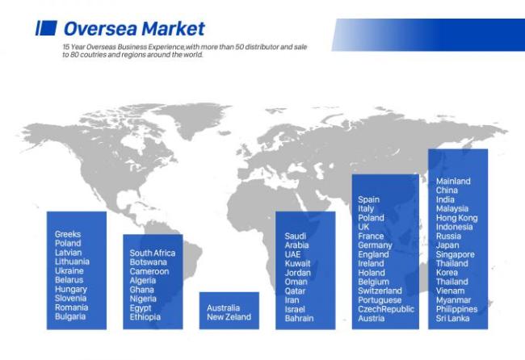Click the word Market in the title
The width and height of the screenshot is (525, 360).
point(173,28)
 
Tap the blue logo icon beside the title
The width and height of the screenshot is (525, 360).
point(46,28)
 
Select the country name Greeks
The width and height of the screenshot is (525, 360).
point(68,234)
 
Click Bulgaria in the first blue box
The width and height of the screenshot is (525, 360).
point(70,316)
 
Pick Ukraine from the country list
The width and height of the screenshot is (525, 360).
point(69,270)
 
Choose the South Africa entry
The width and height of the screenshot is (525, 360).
point(153,253)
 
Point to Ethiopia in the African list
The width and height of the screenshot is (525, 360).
point(145,317)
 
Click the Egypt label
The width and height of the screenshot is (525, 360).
point(141,308)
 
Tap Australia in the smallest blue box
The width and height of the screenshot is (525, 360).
point(223,308)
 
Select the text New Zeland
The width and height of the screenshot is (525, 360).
point(229,317)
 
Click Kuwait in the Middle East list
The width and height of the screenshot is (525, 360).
point(298,264)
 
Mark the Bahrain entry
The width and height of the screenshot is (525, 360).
point(300,318)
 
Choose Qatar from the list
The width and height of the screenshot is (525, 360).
point(295,291)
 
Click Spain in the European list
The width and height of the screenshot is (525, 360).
point(368,199)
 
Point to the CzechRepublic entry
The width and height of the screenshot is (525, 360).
point(386,309)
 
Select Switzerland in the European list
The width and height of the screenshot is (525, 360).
point(380,291)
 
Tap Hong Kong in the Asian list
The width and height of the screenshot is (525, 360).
point(456,218)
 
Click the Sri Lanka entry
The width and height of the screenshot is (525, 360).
point(452,318)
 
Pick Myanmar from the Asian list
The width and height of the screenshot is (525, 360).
point(453,300)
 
